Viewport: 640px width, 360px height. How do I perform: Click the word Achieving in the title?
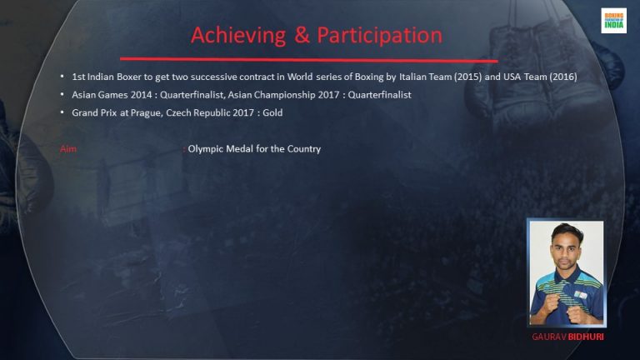238,36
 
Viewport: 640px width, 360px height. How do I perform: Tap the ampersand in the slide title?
302,35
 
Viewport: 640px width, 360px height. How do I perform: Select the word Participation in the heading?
380,36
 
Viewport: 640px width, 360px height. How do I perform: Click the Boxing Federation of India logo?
613,20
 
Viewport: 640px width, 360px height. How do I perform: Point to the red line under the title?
309,60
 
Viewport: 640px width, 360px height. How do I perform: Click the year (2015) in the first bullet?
467,77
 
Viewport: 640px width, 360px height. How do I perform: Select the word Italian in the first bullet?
412,77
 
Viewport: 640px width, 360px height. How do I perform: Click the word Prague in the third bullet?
145,113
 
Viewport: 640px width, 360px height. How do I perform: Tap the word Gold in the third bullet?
272,112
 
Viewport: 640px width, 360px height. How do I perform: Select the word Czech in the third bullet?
178,112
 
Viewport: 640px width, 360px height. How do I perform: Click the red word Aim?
68,149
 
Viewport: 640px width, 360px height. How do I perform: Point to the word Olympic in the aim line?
205,149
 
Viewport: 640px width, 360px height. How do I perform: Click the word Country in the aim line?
304,149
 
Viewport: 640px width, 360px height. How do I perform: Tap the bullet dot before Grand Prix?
62,112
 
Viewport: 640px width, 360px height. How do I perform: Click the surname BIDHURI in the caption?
586,337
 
